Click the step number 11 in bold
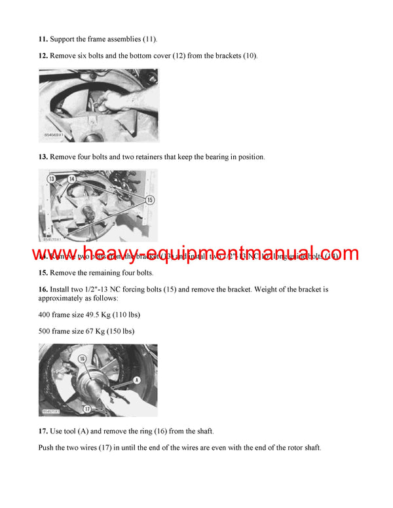[43, 40]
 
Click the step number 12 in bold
[43, 56]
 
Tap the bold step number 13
[43, 157]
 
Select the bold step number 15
[43, 272]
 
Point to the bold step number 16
[43, 288]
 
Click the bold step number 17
[43, 431]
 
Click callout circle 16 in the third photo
[83, 359]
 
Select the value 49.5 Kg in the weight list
[109, 315]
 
